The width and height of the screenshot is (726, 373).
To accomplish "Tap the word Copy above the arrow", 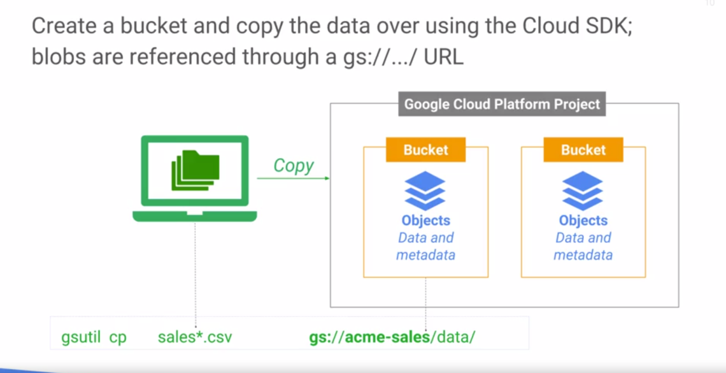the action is pos(294,165).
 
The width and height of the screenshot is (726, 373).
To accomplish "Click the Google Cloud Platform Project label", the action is pos(502,104).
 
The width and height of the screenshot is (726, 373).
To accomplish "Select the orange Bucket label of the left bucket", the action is pos(425,150).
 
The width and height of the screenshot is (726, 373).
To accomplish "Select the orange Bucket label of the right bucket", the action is pos(583,150).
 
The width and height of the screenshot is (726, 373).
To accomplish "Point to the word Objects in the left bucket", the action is pos(425,221).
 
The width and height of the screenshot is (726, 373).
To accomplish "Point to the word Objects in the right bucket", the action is pos(583,221).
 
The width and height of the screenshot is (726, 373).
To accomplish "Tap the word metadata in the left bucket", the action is pos(425,255).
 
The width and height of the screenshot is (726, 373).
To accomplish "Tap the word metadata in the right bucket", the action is pos(583,255).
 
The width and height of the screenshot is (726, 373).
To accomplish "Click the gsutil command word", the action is pos(81,337).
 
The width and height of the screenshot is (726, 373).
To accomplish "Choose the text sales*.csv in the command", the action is pos(195,337).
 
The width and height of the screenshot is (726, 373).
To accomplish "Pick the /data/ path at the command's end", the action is pos(453,337).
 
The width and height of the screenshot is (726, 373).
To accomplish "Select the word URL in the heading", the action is pos(444,57).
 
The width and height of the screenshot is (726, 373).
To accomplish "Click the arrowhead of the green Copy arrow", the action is pos(327,179).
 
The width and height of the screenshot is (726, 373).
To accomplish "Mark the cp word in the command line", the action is pos(118,337).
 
